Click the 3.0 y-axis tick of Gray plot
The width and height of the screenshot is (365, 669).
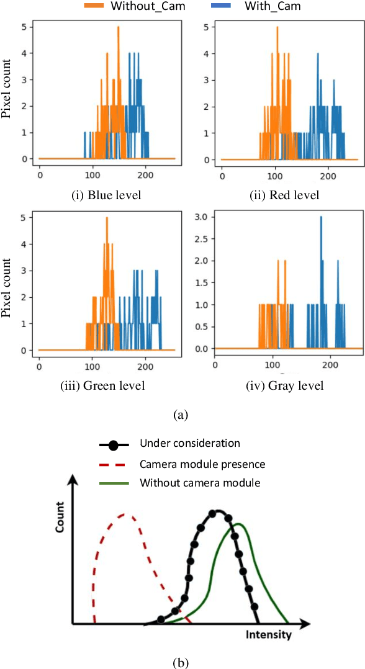tap(202, 218)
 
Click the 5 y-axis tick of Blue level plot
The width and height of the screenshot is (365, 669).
tap(23, 27)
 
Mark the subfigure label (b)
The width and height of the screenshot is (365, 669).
tap(182, 662)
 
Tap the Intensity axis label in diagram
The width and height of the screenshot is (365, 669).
tap(268, 635)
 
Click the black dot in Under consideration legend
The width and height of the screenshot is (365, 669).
tap(114, 444)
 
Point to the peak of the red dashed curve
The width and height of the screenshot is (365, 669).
tap(125, 514)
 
